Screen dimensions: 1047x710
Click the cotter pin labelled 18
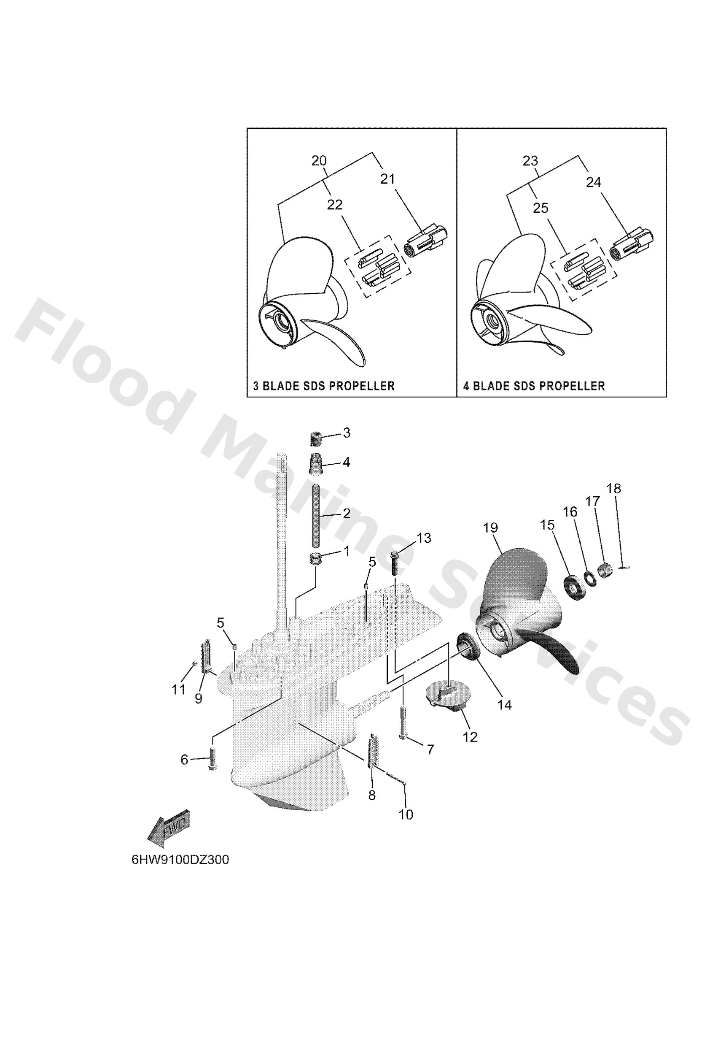click(x=623, y=567)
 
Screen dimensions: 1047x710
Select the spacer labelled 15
click(x=573, y=584)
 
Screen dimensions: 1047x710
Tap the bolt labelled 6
click(x=213, y=760)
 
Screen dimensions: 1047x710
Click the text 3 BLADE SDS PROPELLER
click(x=323, y=386)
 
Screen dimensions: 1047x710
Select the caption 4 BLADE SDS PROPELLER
click(x=534, y=386)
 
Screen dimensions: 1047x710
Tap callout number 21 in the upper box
click(x=387, y=179)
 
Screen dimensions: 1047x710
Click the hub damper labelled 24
click(x=631, y=243)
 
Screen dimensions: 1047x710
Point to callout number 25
click(x=540, y=208)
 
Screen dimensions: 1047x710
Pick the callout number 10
click(x=406, y=814)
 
